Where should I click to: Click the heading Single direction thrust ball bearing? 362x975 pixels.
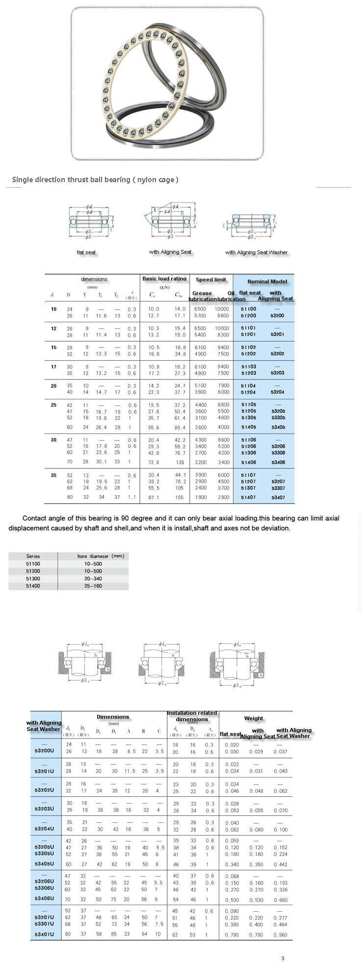coord(95,180)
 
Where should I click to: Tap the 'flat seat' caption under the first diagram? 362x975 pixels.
coord(86,252)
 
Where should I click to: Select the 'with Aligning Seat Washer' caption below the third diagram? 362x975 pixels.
coord(256,252)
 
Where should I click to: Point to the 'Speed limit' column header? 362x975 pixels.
coord(211,280)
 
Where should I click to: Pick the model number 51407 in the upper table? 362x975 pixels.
coord(249,497)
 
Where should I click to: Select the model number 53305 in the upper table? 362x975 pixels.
coord(278,418)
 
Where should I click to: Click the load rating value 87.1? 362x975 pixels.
coord(154,497)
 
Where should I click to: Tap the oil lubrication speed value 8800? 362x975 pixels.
coord(223,316)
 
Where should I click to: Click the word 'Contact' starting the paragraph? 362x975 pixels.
coord(33,518)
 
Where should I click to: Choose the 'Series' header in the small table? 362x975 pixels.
coord(33,556)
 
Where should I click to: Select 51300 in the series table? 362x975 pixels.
coord(33,578)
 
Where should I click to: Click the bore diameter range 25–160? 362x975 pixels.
coord(93,586)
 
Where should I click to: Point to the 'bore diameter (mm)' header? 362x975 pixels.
coord(101,556)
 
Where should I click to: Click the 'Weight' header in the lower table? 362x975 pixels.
coord(254,718)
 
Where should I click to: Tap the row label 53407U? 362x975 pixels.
coord(44,934)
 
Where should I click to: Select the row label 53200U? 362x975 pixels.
coord(44,752)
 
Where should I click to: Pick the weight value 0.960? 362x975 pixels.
coord(281,935)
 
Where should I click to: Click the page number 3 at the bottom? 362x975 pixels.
coord(283,958)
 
